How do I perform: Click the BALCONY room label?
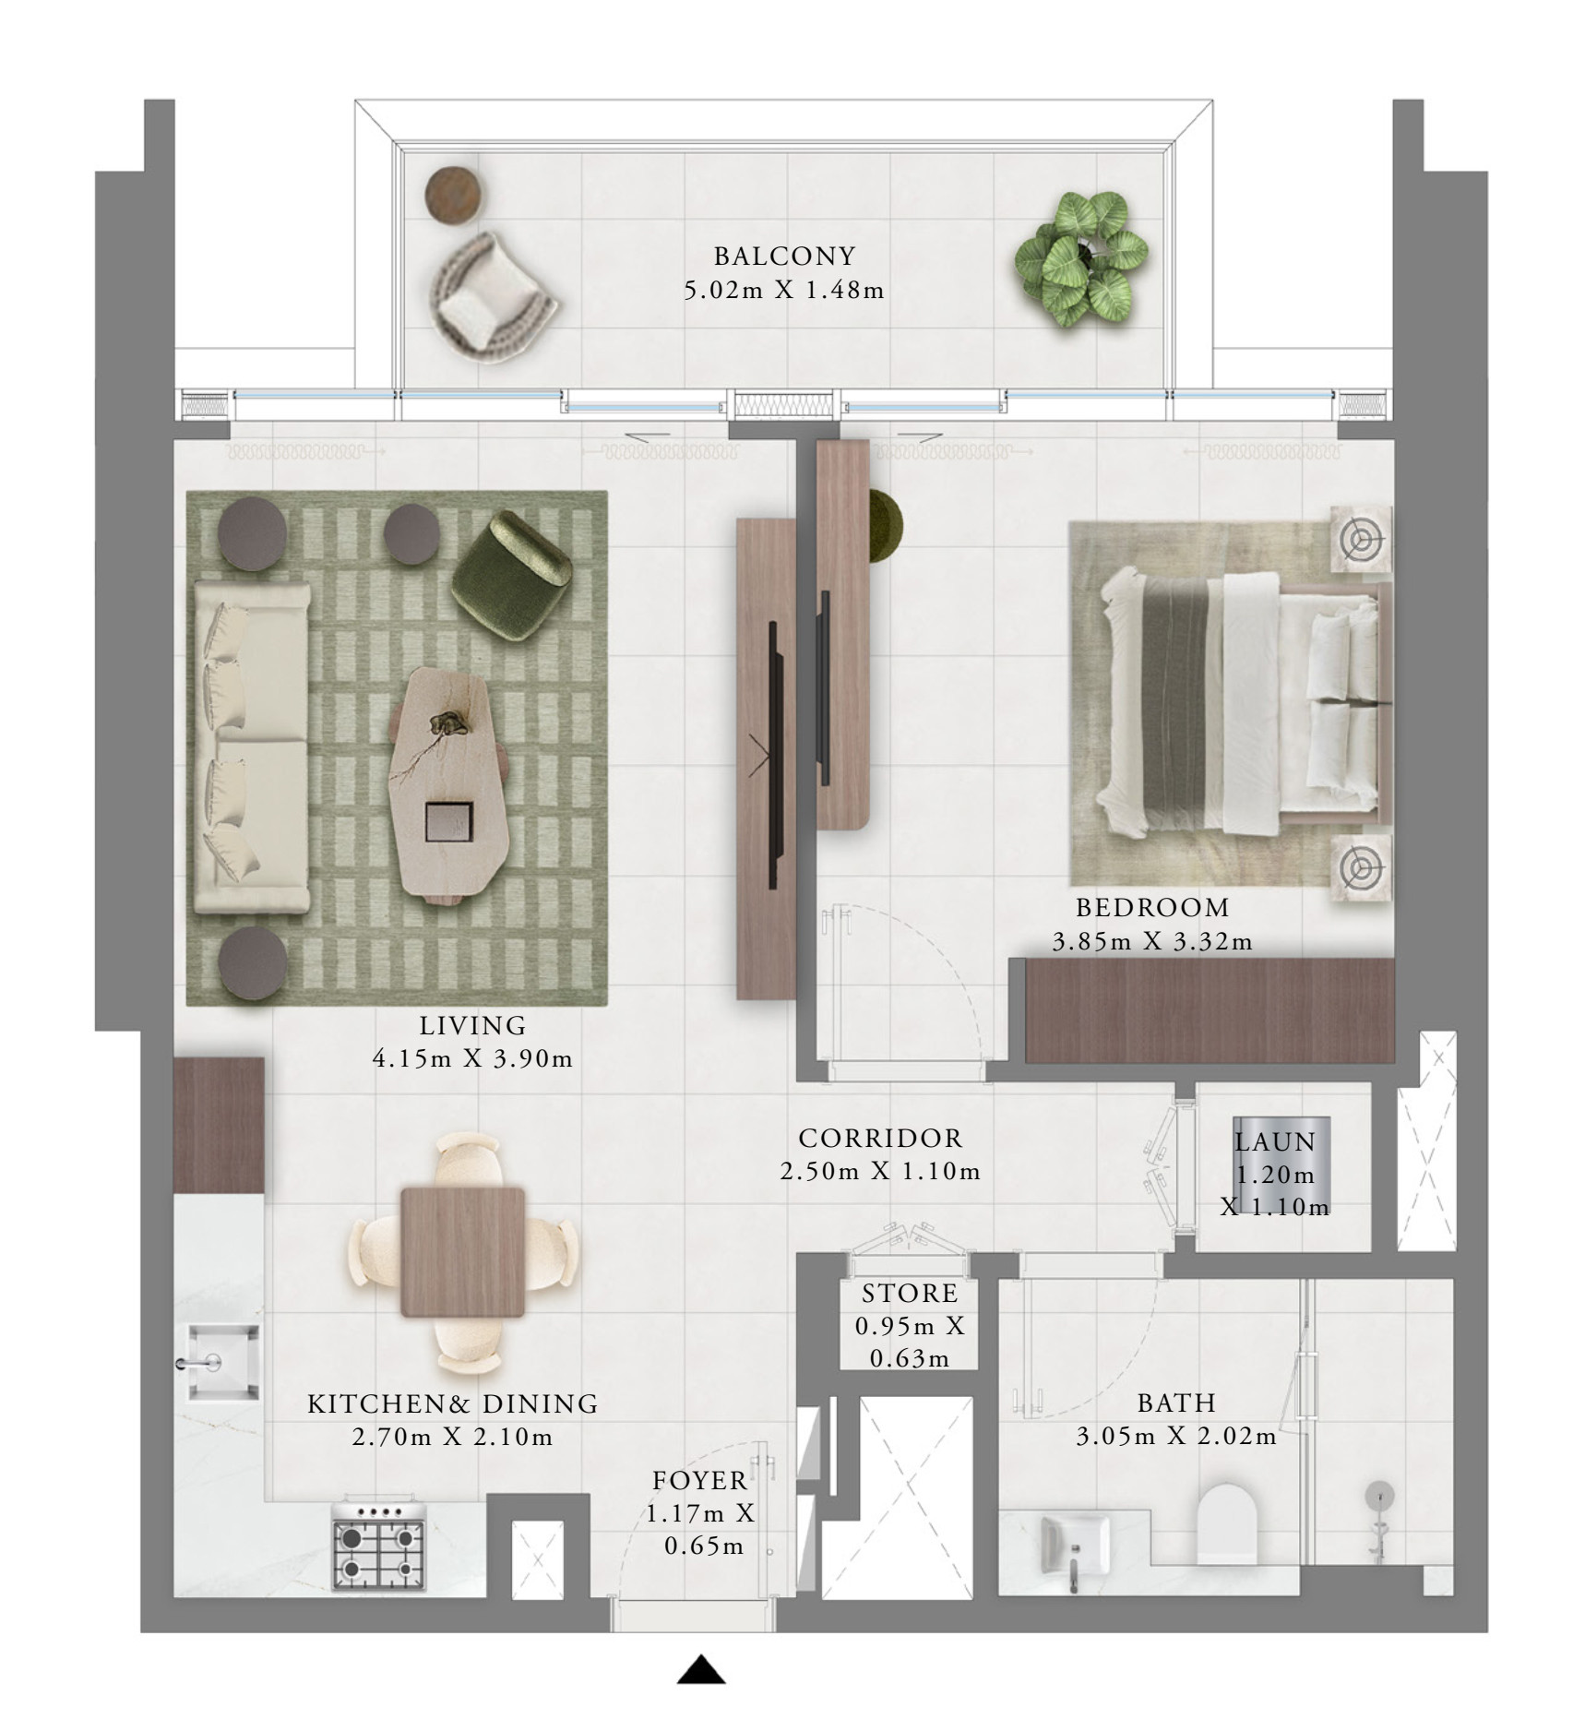pos(785,256)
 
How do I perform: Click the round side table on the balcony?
pos(452,195)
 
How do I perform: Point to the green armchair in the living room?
pos(511,575)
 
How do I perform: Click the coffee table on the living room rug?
pos(449,782)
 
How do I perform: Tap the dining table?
pos(463,1251)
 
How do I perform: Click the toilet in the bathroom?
pos(1226,1526)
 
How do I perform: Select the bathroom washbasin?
pos(1076,1545)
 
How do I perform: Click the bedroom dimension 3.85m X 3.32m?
pos(1152,942)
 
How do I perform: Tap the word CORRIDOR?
pos(880,1138)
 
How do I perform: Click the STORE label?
pos(910,1293)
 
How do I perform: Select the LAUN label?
pos(1275,1141)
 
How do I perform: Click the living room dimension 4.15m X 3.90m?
pos(472,1058)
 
